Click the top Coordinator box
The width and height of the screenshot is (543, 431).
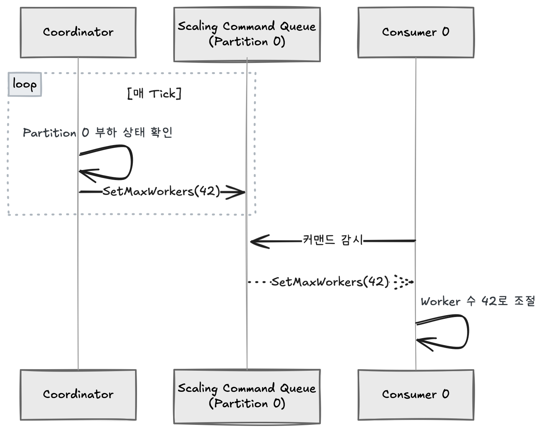[x=78, y=33]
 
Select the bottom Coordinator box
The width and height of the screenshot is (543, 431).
[x=78, y=395]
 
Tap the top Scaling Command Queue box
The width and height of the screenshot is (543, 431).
[x=247, y=34]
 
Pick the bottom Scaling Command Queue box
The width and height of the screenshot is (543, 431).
[x=247, y=396]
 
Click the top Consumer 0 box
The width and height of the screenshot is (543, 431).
[x=416, y=33]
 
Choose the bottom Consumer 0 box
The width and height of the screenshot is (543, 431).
[x=416, y=395]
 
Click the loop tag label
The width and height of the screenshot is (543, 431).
[x=25, y=84]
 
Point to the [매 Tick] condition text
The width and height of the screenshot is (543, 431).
[x=154, y=93]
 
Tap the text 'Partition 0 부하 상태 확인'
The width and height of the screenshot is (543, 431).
[x=97, y=132]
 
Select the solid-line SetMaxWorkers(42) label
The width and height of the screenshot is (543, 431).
[x=161, y=191]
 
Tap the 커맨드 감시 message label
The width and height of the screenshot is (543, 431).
[x=333, y=240]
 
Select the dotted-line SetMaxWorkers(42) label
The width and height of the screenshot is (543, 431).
[x=330, y=282]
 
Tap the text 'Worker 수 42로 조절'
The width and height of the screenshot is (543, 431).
[x=477, y=301]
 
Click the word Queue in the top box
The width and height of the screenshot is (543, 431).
[x=298, y=26]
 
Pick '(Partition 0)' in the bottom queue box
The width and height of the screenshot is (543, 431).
[x=247, y=403]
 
